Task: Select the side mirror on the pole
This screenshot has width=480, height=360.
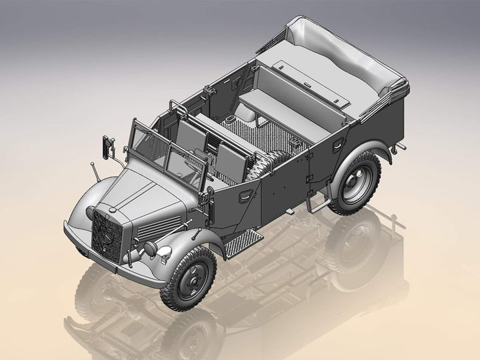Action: (106, 145)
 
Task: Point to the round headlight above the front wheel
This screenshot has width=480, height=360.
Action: (159, 249)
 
